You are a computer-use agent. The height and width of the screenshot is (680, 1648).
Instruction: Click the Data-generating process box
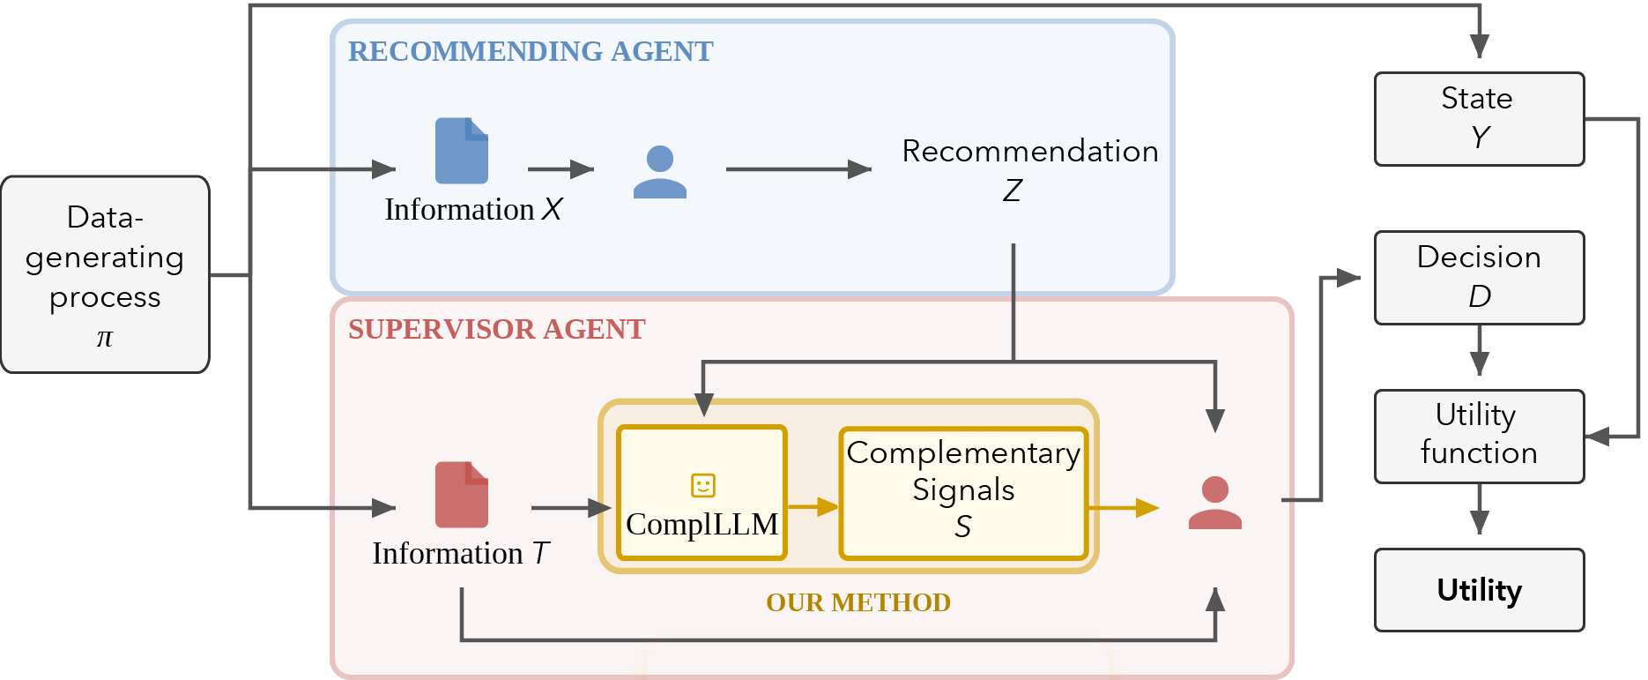click(x=105, y=273)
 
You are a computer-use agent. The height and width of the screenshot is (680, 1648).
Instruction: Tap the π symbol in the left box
click(x=105, y=338)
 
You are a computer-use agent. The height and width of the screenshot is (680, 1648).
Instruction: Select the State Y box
click(x=1479, y=119)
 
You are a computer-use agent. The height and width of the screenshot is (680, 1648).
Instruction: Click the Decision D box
click(x=1479, y=278)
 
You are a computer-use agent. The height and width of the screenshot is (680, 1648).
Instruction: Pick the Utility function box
click(x=1479, y=436)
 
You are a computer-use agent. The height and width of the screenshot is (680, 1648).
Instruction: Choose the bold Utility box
click(x=1479, y=589)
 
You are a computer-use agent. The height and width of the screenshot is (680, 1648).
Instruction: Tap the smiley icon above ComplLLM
click(x=702, y=485)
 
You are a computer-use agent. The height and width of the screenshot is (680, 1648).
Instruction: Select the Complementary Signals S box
click(x=962, y=492)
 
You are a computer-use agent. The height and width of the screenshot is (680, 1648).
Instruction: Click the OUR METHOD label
click(x=857, y=602)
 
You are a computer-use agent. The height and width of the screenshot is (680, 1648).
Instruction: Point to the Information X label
click(x=473, y=209)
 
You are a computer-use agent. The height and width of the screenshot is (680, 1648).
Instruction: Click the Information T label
click(x=460, y=553)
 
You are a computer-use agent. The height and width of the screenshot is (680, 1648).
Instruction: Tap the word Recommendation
click(x=1029, y=151)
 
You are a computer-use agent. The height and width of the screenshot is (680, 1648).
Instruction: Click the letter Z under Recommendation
click(x=1012, y=191)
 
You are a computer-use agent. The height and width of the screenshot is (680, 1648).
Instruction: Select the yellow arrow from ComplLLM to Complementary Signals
click(x=813, y=506)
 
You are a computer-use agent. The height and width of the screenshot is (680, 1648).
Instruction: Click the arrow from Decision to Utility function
click(x=1479, y=351)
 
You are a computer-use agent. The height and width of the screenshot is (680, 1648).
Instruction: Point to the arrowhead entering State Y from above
click(x=1479, y=46)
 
